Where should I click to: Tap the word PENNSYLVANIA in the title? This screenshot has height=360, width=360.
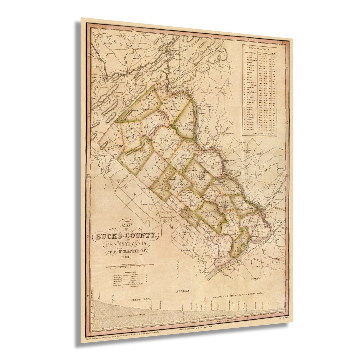click(x=126, y=244)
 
